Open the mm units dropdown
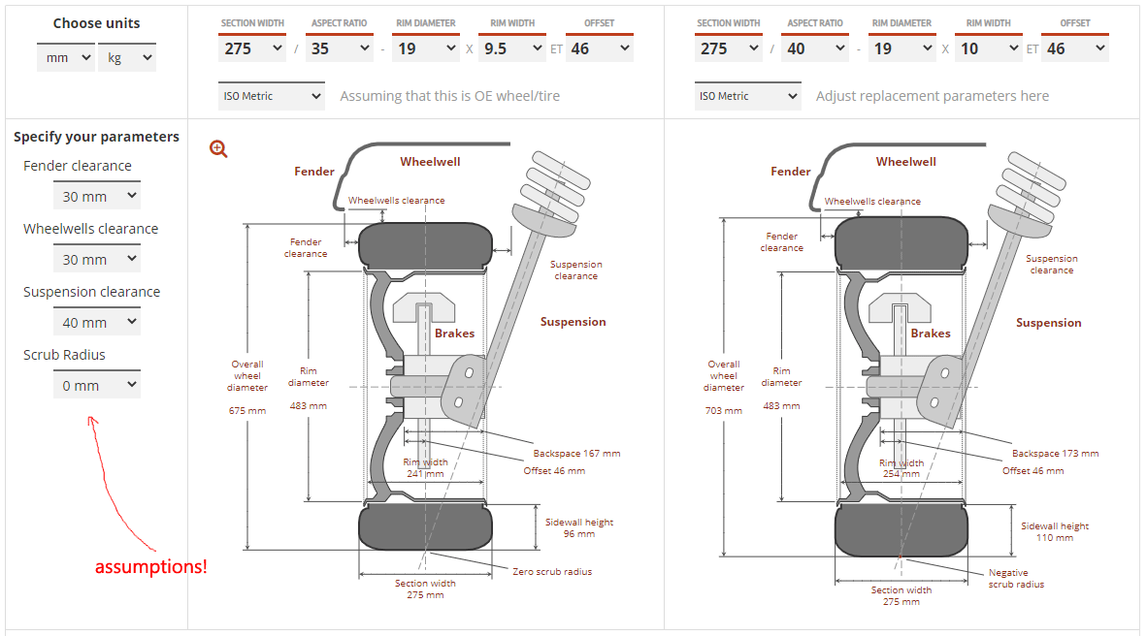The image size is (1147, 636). coord(65,58)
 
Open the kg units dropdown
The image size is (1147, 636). coord(126,58)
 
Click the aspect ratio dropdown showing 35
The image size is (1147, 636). coord(339,48)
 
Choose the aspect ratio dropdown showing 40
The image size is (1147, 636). coord(814,48)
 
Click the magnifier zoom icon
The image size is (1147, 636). coord(218,148)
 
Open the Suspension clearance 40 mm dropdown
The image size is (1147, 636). coord(96,322)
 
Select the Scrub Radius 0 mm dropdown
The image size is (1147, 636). coord(96,385)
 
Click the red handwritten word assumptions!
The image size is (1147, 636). coord(150,566)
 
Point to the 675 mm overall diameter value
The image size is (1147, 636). coord(247,410)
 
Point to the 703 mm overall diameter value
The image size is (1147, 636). coord(724,410)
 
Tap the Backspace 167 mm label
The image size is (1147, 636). coord(576,453)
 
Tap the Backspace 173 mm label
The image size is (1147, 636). coord(1055,453)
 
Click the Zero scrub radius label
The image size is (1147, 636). coord(551,571)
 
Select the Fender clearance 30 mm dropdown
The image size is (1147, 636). coord(96,196)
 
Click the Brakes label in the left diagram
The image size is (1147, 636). coord(454,333)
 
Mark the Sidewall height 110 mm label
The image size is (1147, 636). coord(1055,531)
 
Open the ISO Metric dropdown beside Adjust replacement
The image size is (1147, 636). coord(747,96)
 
